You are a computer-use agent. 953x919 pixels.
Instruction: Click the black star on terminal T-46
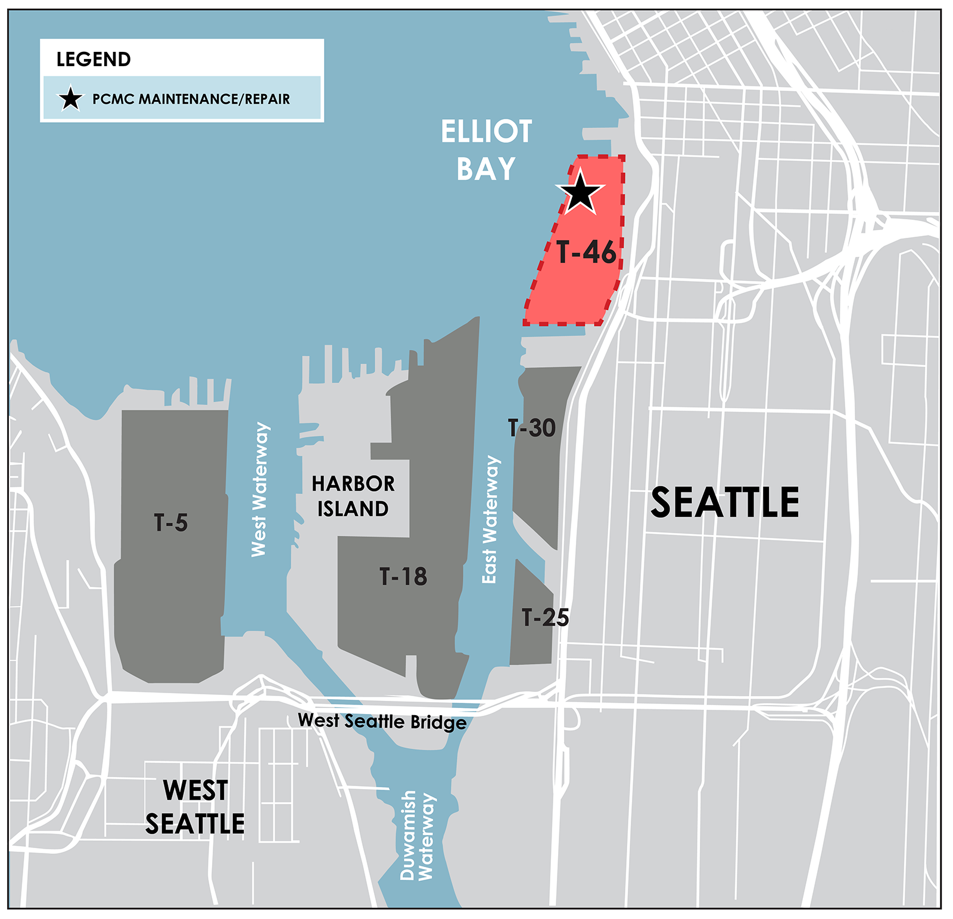[580, 193]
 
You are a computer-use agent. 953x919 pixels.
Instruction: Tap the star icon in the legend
[70, 99]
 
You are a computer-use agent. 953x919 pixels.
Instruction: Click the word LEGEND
[94, 60]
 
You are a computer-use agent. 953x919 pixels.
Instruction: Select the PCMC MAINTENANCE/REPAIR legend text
[191, 99]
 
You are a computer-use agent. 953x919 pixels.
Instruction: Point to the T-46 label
[586, 253]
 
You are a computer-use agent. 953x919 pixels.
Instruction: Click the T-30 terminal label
[531, 428]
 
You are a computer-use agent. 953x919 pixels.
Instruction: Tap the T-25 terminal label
[545, 617]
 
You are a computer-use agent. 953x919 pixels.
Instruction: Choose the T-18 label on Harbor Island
[403, 576]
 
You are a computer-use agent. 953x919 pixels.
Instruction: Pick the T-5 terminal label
[171, 523]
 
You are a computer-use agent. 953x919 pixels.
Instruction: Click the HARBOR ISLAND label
[353, 496]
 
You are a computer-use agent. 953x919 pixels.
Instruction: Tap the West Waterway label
[259, 489]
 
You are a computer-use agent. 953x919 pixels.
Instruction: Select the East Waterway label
[490, 519]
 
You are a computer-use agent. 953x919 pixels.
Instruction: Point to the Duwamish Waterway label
[417, 834]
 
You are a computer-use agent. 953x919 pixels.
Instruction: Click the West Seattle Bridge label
[382, 721]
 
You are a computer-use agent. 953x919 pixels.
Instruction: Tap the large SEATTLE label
[724, 502]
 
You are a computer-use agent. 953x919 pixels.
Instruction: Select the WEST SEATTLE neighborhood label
[195, 807]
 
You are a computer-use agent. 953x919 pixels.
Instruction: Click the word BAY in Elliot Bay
[486, 169]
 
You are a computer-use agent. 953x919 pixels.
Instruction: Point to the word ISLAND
[353, 509]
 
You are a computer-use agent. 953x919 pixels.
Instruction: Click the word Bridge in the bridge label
[439, 723]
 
